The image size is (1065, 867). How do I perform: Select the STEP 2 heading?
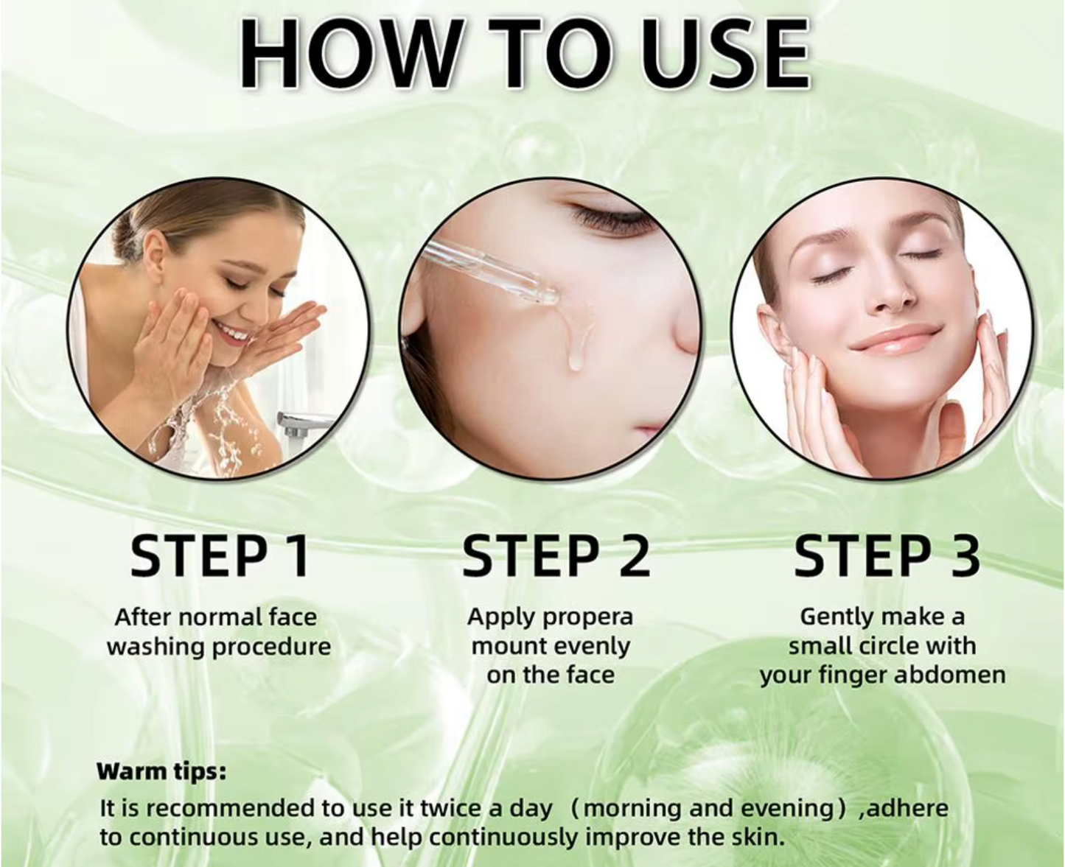pos(556,556)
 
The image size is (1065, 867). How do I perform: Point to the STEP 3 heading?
pos(887,556)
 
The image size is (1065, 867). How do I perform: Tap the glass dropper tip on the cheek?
pos(549,298)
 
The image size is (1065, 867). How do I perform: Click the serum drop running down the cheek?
pos(575,345)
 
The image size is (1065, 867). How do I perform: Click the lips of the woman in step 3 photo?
pos(895,340)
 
